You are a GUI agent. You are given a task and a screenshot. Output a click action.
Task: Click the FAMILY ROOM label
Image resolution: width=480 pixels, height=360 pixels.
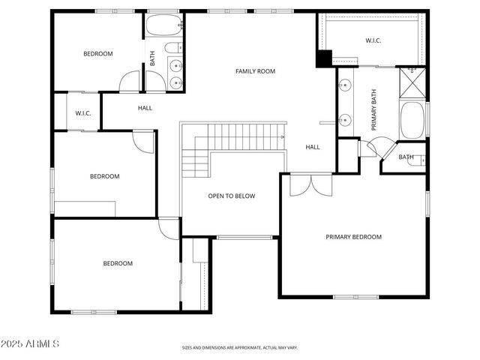(x=255, y=71)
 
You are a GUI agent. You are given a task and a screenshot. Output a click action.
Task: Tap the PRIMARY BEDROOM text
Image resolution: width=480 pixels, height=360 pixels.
(x=353, y=237)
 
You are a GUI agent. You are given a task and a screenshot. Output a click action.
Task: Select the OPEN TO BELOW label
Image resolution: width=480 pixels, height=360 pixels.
(x=231, y=196)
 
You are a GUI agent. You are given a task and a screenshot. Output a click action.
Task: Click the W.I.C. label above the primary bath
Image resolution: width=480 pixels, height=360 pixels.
(x=373, y=40)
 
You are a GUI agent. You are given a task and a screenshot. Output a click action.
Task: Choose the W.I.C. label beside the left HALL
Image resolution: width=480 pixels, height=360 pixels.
(x=82, y=113)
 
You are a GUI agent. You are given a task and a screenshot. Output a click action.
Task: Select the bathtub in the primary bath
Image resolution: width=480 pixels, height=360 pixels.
(x=412, y=120)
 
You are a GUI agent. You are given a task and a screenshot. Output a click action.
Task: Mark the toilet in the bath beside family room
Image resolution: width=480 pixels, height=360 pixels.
(x=172, y=51)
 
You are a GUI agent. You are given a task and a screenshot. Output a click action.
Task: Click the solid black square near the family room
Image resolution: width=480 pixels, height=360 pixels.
(x=324, y=58)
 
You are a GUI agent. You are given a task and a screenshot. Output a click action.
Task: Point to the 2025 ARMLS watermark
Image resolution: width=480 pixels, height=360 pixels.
(x=31, y=343)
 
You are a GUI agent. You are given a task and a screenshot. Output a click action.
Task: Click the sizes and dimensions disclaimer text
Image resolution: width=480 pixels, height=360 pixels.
(x=240, y=348)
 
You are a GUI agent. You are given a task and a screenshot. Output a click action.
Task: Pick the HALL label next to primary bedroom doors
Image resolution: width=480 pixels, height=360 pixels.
(x=313, y=147)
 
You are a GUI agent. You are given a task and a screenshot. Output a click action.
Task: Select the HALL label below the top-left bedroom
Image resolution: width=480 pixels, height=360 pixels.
(x=145, y=108)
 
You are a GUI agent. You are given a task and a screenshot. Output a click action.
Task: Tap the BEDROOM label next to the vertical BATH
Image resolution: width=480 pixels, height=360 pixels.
(x=97, y=53)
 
